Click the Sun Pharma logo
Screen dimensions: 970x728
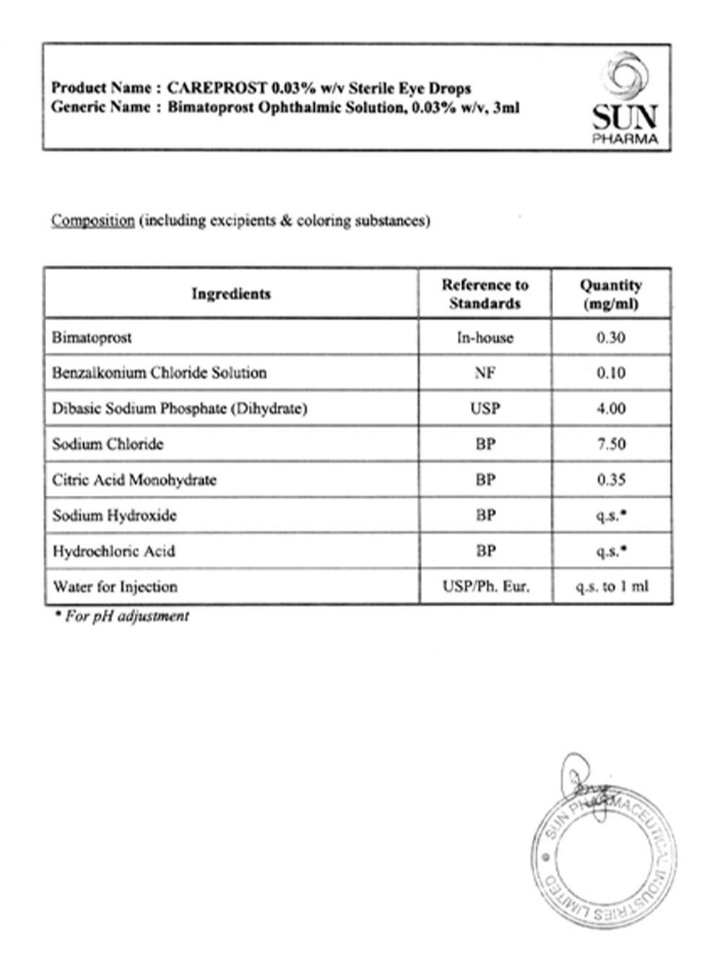tap(625, 99)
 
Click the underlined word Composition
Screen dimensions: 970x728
tap(92, 221)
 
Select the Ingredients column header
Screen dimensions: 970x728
tap(231, 294)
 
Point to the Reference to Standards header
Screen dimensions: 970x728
tap(485, 294)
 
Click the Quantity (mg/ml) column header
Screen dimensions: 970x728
tap(611, 294)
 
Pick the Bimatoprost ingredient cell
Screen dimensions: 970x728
tap(92, 338)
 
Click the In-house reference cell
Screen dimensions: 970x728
tap(485, 338)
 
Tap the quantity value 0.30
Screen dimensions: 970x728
tap(611, 338)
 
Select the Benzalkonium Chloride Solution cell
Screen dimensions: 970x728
tap(159, 373)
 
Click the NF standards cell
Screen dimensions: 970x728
tap(485, 373)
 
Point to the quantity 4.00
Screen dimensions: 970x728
tap(611, 408)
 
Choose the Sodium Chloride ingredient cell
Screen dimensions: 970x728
tap(108, 444)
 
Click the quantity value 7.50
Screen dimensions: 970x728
tap(611, 444)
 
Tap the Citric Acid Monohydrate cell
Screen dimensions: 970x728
tap(134, 480)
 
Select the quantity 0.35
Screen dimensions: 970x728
tap(611, 480)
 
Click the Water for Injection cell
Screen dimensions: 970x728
tap(115, 587)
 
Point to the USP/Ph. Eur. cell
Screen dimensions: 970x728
tap(485, 587)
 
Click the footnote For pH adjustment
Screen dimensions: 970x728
tap(123, 616)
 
